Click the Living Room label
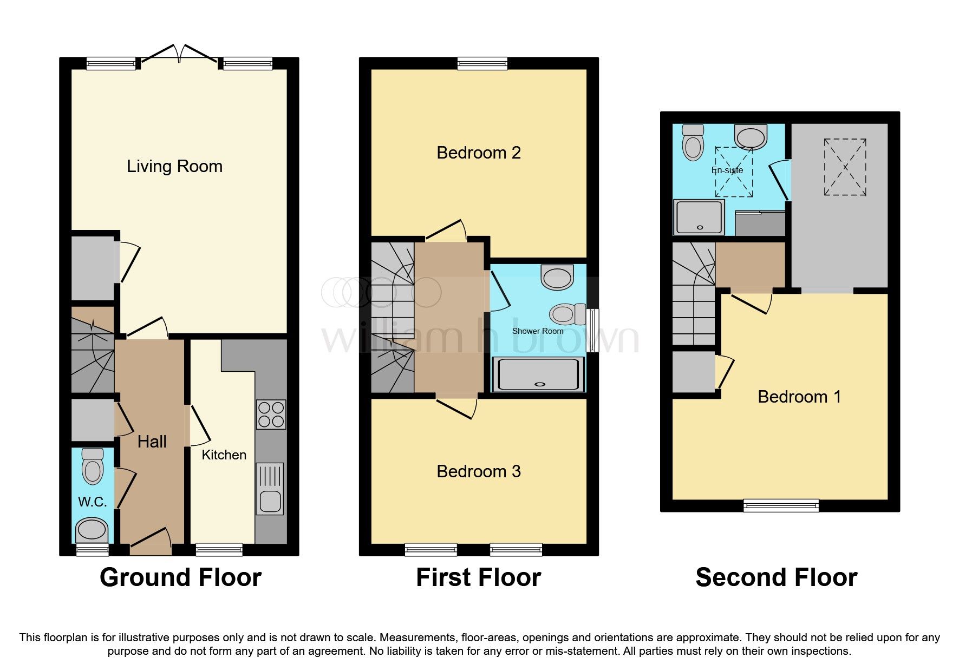tap(174, 166)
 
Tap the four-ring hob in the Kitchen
tap(271, 415)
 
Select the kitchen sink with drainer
tap(270, 488)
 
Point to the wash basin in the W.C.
tap(92, 529)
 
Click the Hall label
tap(152, 442)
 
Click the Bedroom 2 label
tap(479, 153)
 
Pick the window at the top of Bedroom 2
tap(482, 64)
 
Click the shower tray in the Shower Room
tap(539, 374)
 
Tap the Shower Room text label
tap(538, 331)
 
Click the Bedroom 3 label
tap(479, 471)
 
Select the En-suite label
tap(727, 170)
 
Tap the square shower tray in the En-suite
tap(699, 217)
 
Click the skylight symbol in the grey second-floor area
tap(845, 167)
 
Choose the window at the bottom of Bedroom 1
tap(781, 505)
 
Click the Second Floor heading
tap(776, 577)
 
